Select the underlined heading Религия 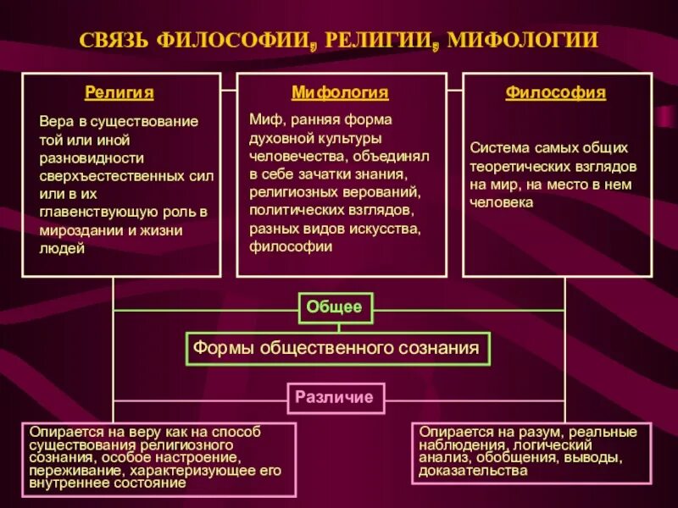click(119, 93)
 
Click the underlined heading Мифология click(340, 93)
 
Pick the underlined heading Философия click(556, 93)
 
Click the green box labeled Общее click(334, 307)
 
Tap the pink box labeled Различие click(334, 396)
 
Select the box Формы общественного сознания click(336, 347)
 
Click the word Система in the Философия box click(497, 148)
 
